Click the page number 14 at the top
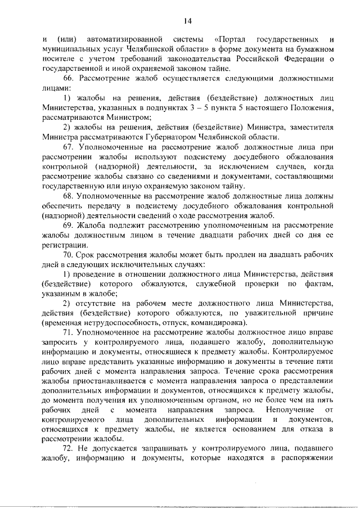point(187,21)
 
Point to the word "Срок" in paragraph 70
point(88,255)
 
